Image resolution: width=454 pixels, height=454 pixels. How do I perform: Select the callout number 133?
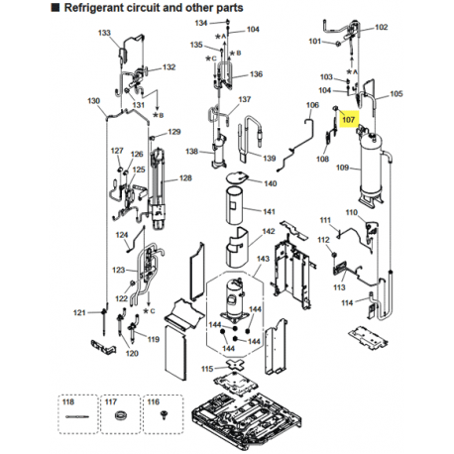pos(104,33)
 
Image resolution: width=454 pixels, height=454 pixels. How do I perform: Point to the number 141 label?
pos(269,211)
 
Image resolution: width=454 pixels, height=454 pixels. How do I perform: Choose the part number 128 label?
pos(184,178)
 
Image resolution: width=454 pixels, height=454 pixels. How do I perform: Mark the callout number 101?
pos(316,42)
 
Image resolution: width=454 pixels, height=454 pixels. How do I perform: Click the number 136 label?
pos(256,74)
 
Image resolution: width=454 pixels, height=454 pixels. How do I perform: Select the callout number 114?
pos(346,304)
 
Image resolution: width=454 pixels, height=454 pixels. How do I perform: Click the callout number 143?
pos(263,259)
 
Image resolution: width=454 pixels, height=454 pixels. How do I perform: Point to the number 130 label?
pos(93,101)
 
